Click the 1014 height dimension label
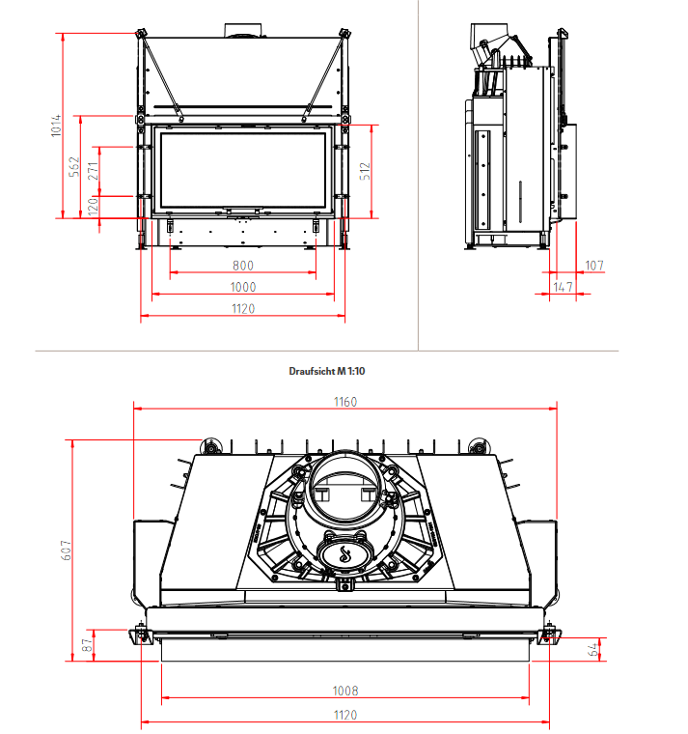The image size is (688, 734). click(x=56, y=127)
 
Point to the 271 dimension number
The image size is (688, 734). click(x=93, y=171)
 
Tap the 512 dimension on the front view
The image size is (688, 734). click(x=364, y=171)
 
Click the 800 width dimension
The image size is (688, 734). click(x=243, y=266)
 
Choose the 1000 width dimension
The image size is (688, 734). click(x=243, y=287)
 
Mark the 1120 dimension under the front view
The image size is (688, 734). click(x=243, y=308)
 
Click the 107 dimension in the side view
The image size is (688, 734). click(x=593, y=265)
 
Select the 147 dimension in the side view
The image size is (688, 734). click(x=564, y=287)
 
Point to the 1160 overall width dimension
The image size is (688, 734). click(x=344, y=402)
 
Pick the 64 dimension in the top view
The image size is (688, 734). click(x=594, y=649)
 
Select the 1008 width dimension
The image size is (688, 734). click(x=344, y=691)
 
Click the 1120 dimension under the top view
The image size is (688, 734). click(x=344, y=715)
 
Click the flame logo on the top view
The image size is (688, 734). click(x=344, y=554)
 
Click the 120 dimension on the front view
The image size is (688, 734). click(x=93, y=206)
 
